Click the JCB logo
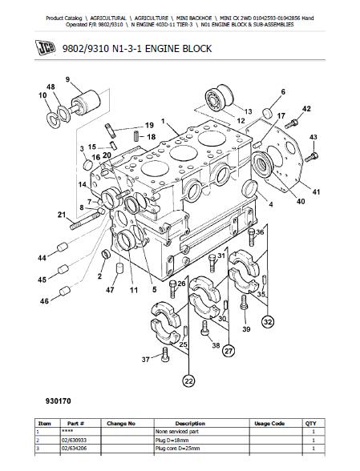[46, 47]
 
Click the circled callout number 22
[188, 381]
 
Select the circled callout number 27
[229, 351]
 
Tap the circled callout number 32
[268, 322]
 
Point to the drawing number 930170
[59, 401]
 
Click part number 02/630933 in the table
[75, 440]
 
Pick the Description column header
[190, 423]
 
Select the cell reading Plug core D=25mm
[177, 449]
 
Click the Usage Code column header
[269, 423]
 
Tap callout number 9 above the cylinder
[68, 79]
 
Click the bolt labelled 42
[292, 123]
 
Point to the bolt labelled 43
[312, 157]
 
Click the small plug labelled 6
[267, 113]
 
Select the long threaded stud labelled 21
[84, 220]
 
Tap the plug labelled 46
[65, 291]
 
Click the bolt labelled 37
[165, 354]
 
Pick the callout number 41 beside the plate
[316, 191]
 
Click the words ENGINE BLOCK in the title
[178, 48]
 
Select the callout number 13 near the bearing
[248, 111]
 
